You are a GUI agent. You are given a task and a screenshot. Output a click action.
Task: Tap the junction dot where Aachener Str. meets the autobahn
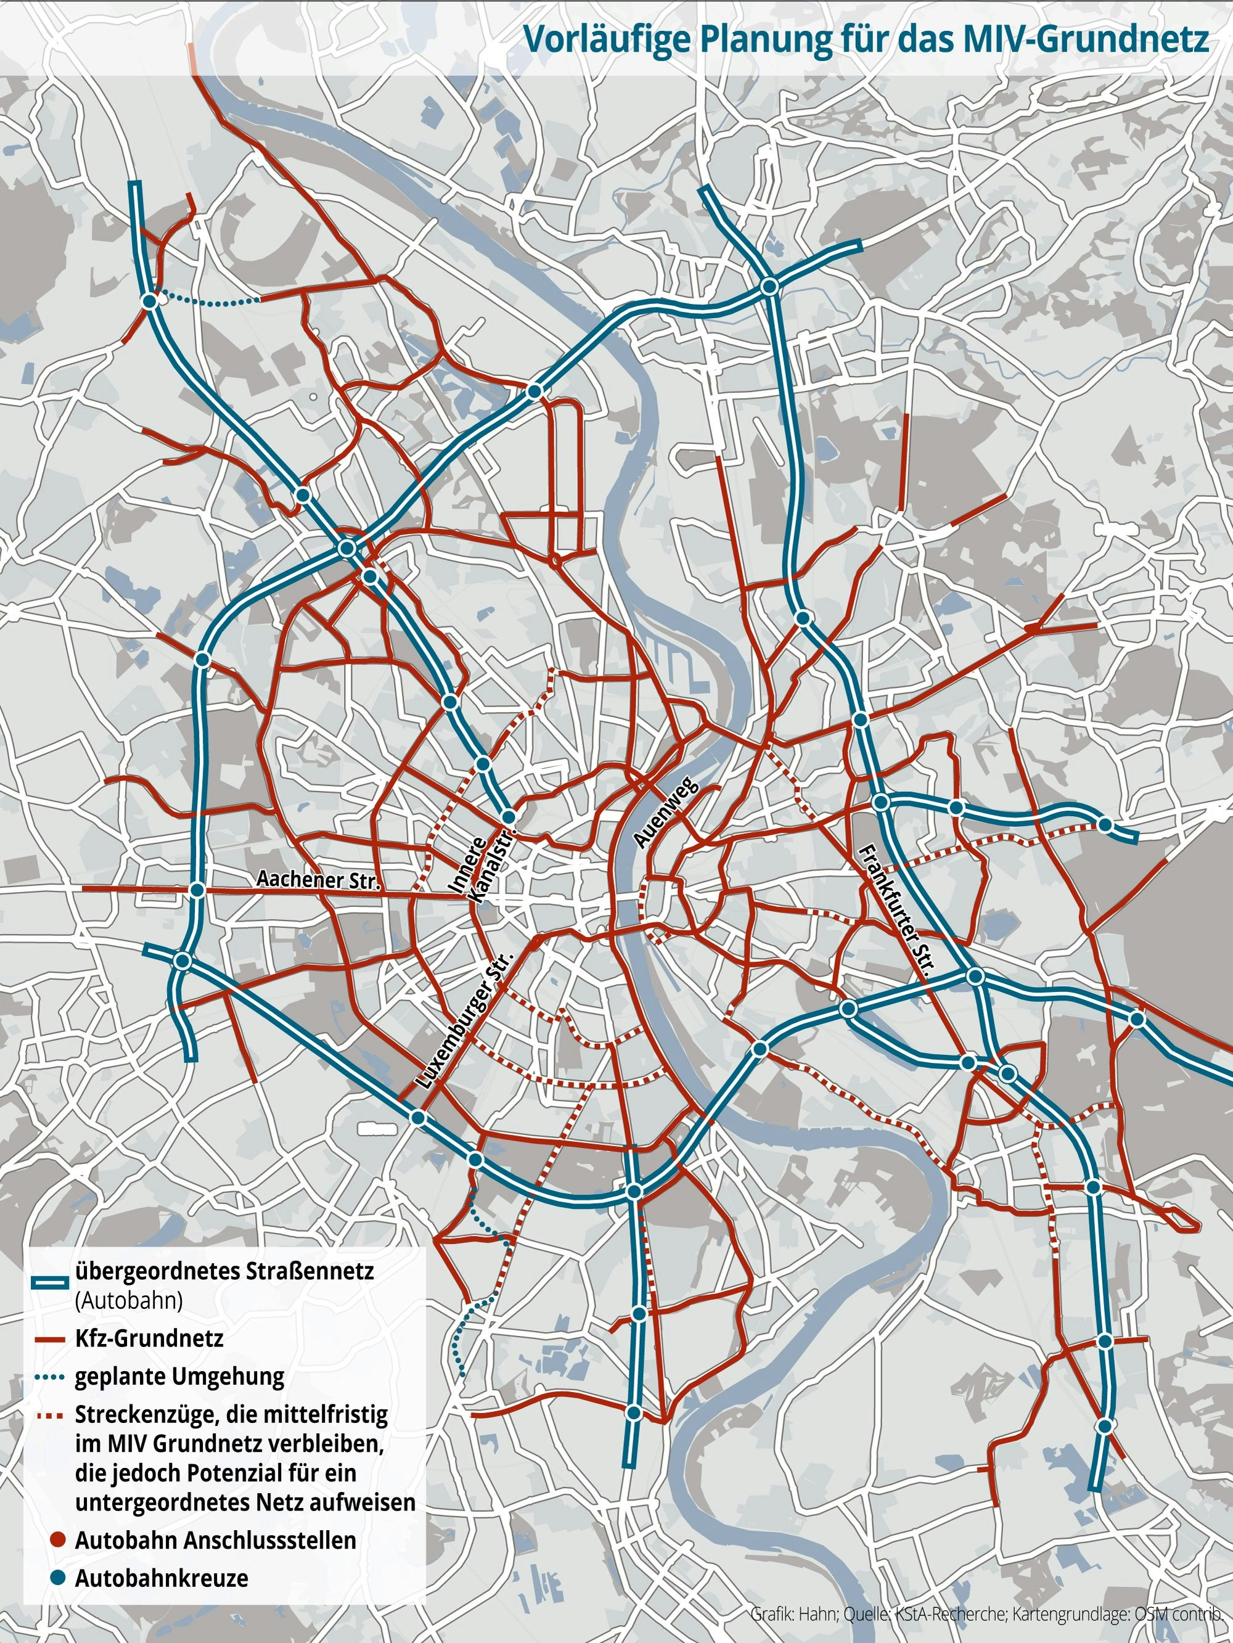196,890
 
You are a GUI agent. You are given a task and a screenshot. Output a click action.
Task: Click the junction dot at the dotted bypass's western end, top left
149,301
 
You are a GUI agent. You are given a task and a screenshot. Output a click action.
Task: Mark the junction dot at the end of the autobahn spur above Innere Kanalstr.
508,816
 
